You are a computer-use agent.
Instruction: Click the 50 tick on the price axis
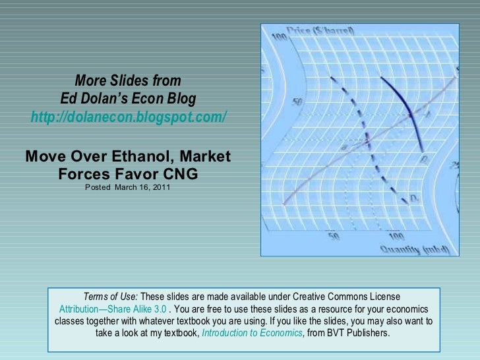pyautogui.click(x=297, y=103)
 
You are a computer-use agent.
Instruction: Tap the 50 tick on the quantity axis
pyautogui.click(x=332, y=235)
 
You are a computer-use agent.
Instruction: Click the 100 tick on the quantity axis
pyautogui.click(x=396, y=235)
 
